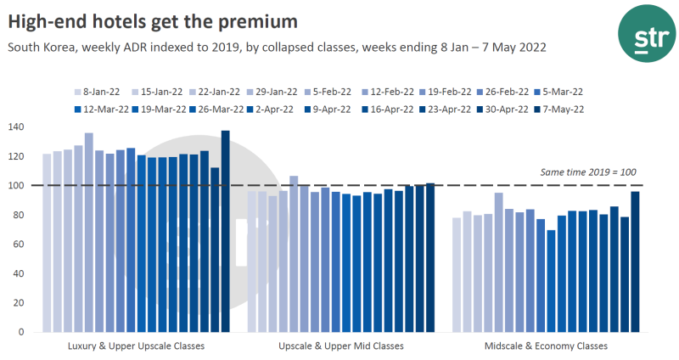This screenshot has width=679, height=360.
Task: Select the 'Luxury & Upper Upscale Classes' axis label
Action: pos(136,346)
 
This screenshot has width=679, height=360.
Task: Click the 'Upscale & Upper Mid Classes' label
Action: pos(341,346)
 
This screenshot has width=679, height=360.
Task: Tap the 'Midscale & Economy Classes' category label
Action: pos(546,346)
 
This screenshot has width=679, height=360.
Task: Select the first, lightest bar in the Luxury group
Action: pos(48,243)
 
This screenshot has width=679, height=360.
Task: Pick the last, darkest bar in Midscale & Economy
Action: pos(636,262)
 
